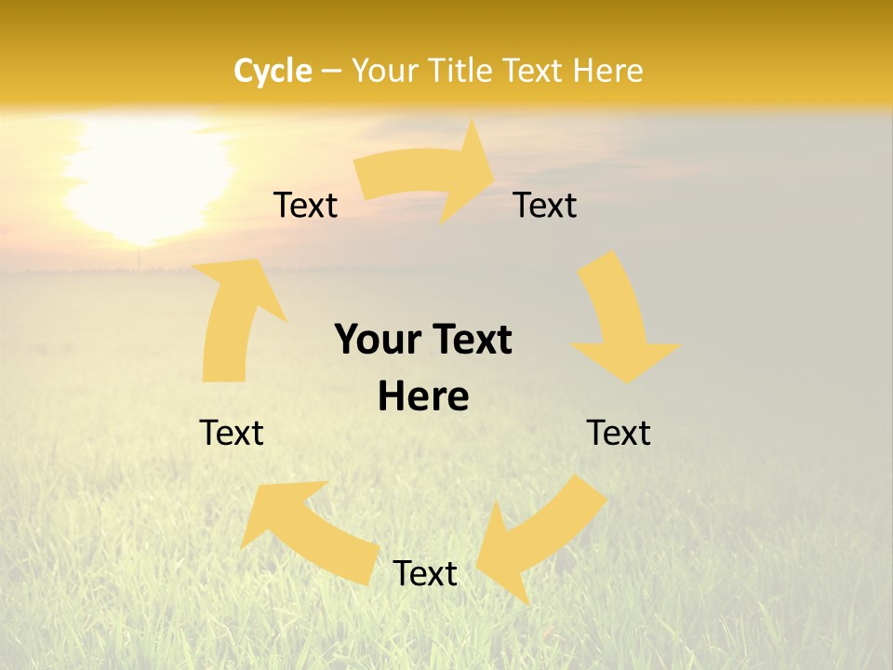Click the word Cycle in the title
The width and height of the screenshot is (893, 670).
coord(273,71)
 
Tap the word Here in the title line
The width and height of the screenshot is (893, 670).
coord(608,71)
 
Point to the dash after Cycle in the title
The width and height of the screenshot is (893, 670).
coord(330,72)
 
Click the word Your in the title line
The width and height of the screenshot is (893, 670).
coord(383,71)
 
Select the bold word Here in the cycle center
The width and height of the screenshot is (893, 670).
coord(423,396)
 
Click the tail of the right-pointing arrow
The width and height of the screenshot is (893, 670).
coord(368,177)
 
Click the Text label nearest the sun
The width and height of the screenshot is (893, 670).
coord(305,205)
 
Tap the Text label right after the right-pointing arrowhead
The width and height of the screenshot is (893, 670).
coord(545,205)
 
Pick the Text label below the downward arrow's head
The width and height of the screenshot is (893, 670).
coord(619,433)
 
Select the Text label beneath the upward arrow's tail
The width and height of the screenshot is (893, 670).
coord(232,433)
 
